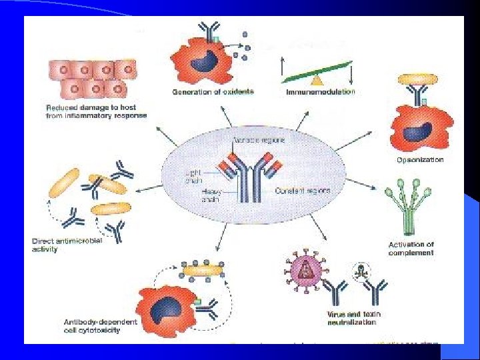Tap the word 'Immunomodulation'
[x=320, y=91]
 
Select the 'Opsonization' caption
[x=420, y=160]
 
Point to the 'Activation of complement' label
[x=411, y=249]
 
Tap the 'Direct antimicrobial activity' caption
[x=67, y=245]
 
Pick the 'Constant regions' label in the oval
[x=302, y=191]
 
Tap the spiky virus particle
[x=303, y=271]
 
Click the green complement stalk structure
[x=407, y=210]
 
